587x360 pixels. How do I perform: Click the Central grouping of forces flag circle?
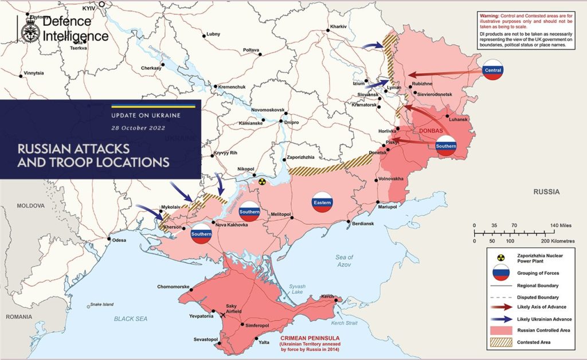493,70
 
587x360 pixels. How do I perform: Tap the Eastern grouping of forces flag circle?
322,202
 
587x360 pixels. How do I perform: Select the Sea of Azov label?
345,261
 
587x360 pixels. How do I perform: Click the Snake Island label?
100,304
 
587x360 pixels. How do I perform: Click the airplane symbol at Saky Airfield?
223,314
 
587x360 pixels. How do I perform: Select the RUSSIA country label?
545,192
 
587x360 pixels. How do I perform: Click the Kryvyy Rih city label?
225,153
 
